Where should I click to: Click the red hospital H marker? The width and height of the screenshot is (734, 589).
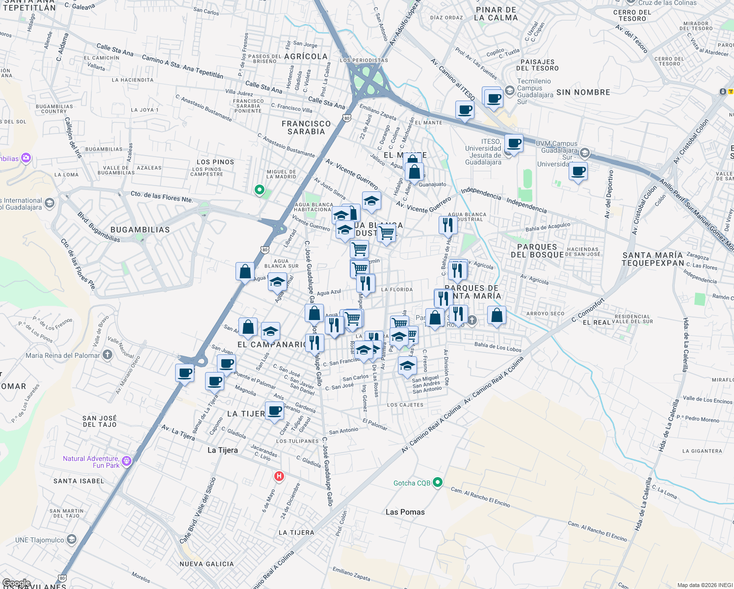pos(279,476)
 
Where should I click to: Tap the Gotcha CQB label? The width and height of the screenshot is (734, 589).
pos(412,483)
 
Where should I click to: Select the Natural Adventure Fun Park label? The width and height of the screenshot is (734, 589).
pos(91,462)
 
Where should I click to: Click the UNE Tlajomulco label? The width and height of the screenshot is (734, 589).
pos(40,540)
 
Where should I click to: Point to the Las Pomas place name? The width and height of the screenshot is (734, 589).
pos(405,512)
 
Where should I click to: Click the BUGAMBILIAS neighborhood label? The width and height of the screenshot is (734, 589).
pos(140,230)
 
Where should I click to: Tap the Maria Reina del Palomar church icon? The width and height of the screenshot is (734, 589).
pos(107,355)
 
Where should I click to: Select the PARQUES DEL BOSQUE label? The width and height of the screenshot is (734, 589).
pos(537,251)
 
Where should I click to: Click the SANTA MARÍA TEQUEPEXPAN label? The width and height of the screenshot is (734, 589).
pos(652,259)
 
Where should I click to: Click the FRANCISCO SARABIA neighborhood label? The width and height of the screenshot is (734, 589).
pos(306,128)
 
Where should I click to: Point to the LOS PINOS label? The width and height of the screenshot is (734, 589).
pos(215,162)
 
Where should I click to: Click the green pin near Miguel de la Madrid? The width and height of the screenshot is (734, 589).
pos(260,189)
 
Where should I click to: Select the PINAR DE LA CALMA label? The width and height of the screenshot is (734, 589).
pos(496,14)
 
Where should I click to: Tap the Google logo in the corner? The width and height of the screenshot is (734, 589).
pos(16,583)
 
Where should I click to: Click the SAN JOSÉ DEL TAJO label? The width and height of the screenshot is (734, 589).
pos(100,421)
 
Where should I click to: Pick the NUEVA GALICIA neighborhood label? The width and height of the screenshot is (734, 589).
pos(207,564)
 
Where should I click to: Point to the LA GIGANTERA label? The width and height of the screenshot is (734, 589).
pos(702,451)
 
